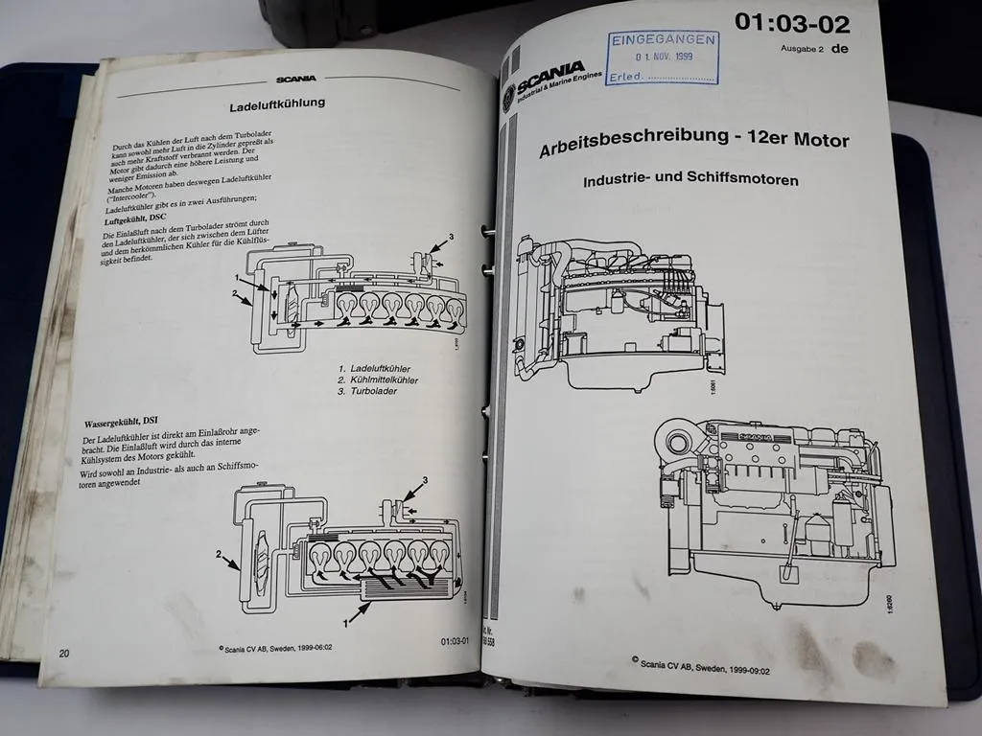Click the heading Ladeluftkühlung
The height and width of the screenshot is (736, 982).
277,103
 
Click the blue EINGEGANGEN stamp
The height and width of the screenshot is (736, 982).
662,57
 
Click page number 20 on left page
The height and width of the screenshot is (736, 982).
63,653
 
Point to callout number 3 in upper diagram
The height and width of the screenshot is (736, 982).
451,236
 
